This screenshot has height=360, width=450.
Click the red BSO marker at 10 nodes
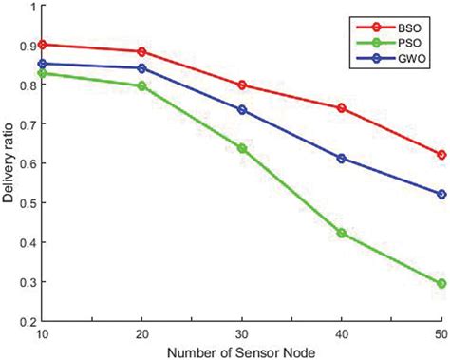(x=43, y=45)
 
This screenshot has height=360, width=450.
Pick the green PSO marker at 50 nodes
(x=441, y=283)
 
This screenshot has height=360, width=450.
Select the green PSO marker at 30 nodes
(x=242, y=148)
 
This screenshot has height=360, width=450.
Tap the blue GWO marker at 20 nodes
(x=142, y=68)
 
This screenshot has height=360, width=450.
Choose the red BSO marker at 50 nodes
(x=441, y=155)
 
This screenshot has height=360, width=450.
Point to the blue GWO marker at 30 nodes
(x=242, y=109)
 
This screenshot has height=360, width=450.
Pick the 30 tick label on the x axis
(x=242, y=333)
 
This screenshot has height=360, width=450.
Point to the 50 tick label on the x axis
(x=440, y=333)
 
